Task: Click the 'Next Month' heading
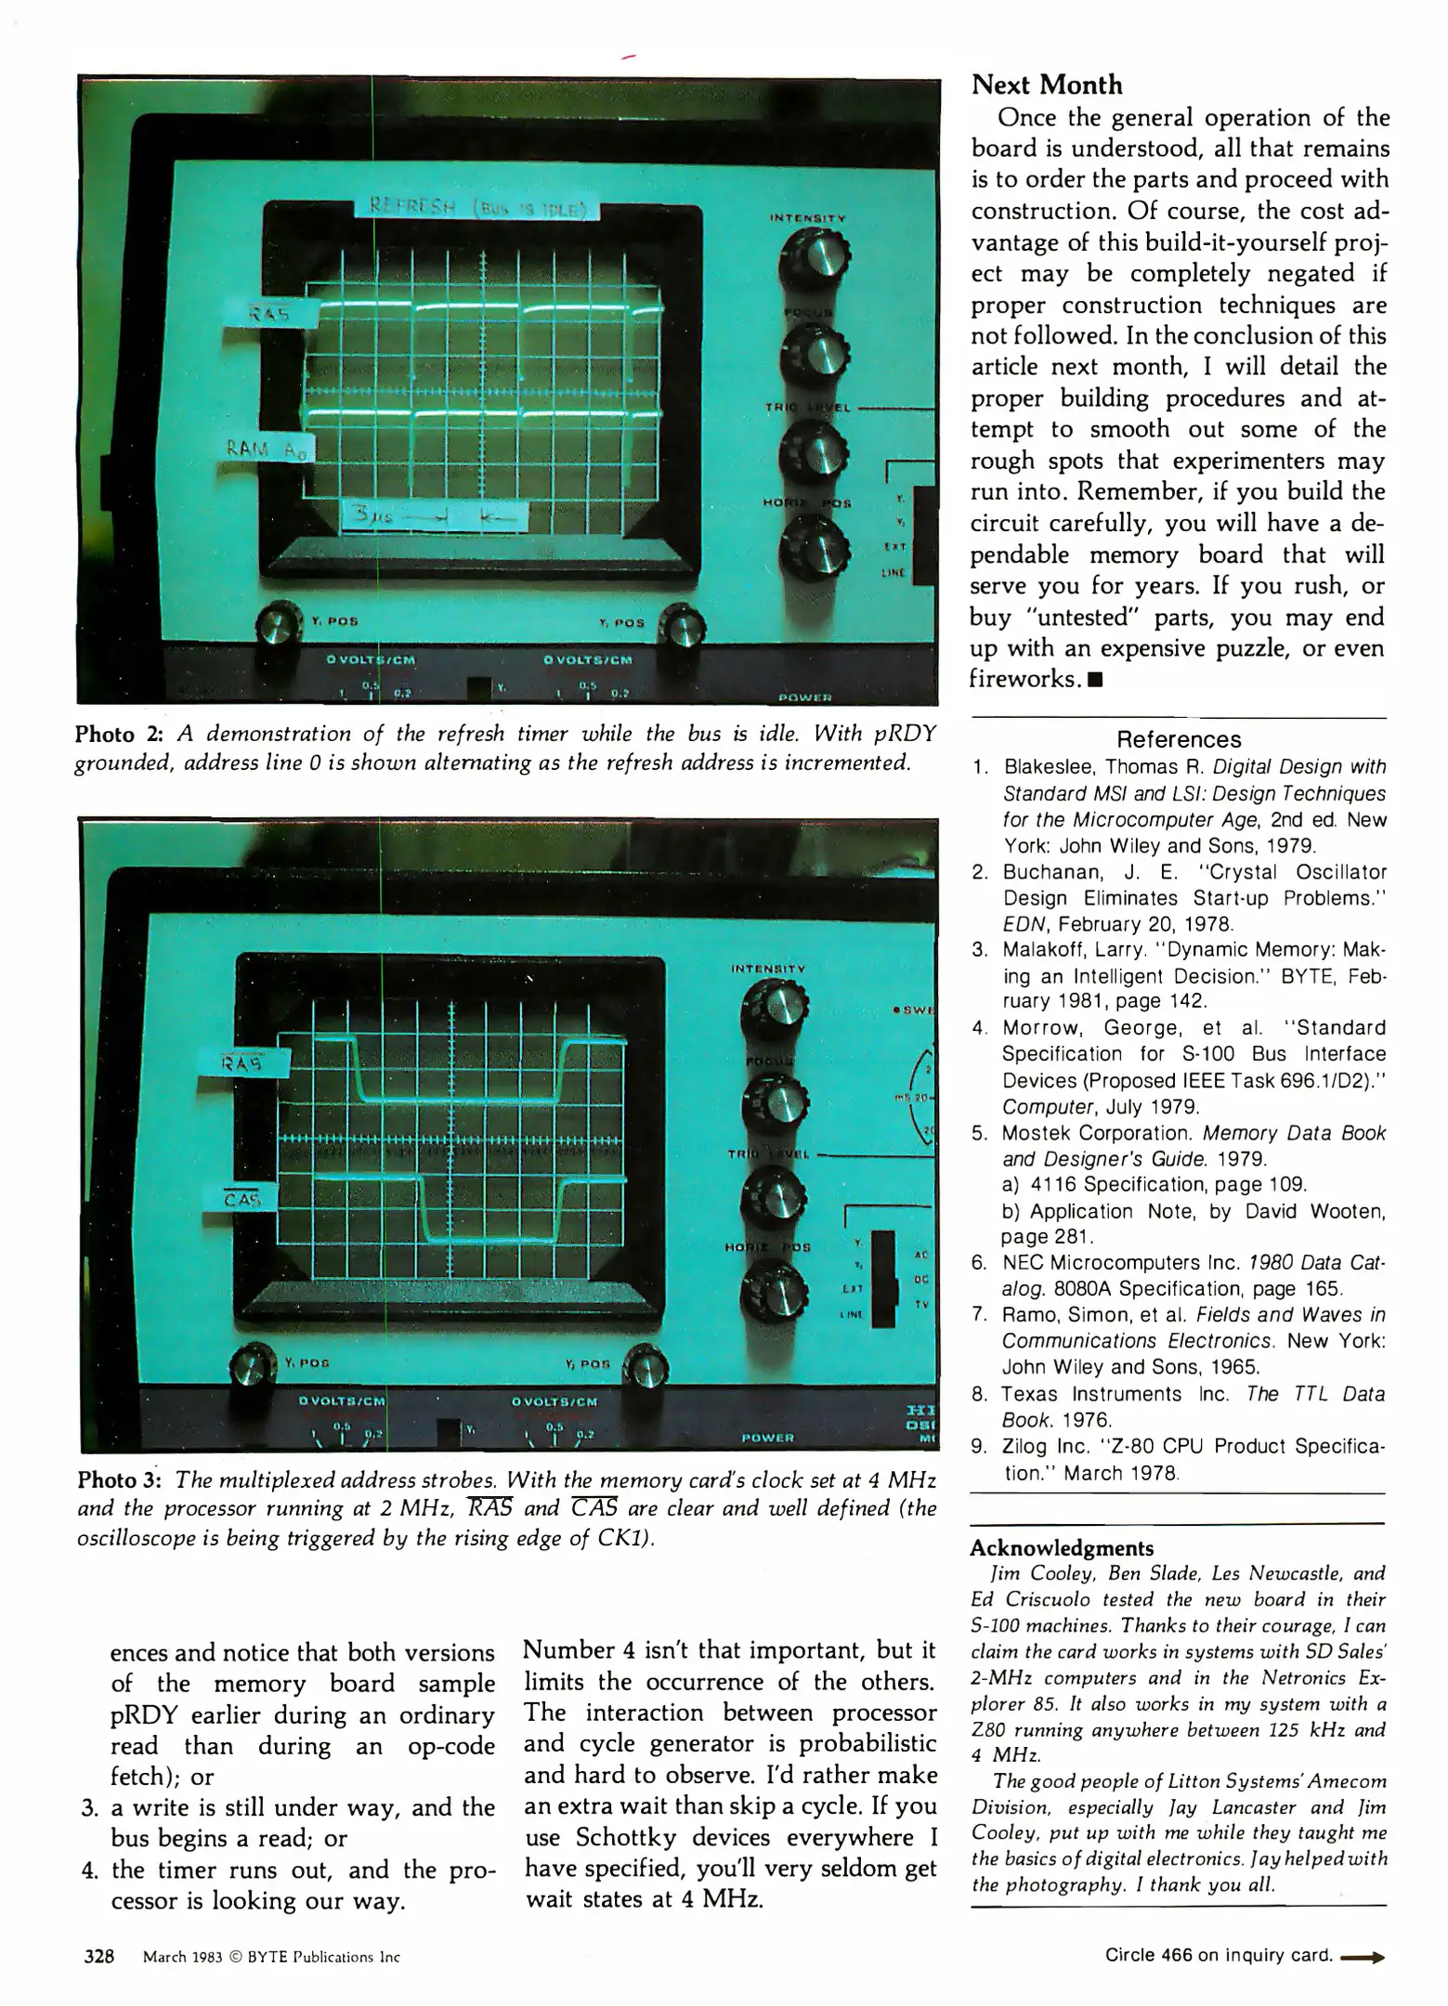[x=1046, y=85]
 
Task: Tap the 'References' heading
[x=1178, y=739]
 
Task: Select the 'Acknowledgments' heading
[x=1061, y=1548]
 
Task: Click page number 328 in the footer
[x=98, y=1956]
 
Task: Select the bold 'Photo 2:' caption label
[x=119, y=735]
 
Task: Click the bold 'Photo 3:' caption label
[x=121, y=1478]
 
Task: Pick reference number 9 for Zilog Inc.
[x=978, y=1446]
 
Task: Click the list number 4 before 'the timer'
[x=89, y=1869]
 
